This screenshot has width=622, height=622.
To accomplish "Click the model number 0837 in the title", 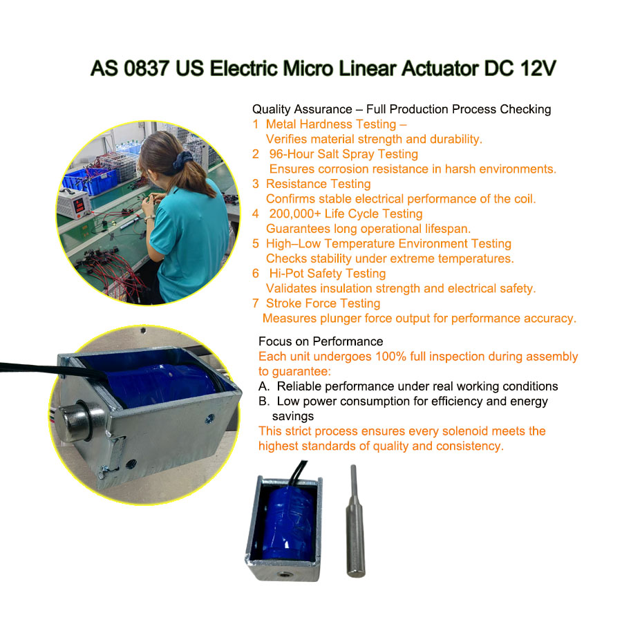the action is (x=147, y=68).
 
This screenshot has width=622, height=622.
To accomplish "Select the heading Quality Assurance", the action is (x=302, y=109).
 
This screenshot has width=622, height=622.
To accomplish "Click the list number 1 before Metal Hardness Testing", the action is (x=256, y=124).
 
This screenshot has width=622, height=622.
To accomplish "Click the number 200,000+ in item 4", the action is (x=295, y=214).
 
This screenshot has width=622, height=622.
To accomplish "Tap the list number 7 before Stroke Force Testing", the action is (x=256, y=303).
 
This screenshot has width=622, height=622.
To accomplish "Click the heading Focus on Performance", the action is (x=321, y=341).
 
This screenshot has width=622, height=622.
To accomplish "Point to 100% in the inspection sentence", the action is (x=390, y=356).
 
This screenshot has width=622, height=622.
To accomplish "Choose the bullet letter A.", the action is (x=264, y=386).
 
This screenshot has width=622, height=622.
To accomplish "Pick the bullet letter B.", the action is (x=264, y=402).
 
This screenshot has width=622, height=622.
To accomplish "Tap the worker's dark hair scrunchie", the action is (x=182, y=161).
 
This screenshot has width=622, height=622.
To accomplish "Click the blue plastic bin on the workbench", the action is (x=91, y=180).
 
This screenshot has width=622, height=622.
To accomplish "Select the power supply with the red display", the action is (x=75, y=203).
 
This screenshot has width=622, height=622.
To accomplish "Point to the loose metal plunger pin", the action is (x=355, y=521).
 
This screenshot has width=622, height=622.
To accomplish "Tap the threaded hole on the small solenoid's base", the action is (x=283, y=574).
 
